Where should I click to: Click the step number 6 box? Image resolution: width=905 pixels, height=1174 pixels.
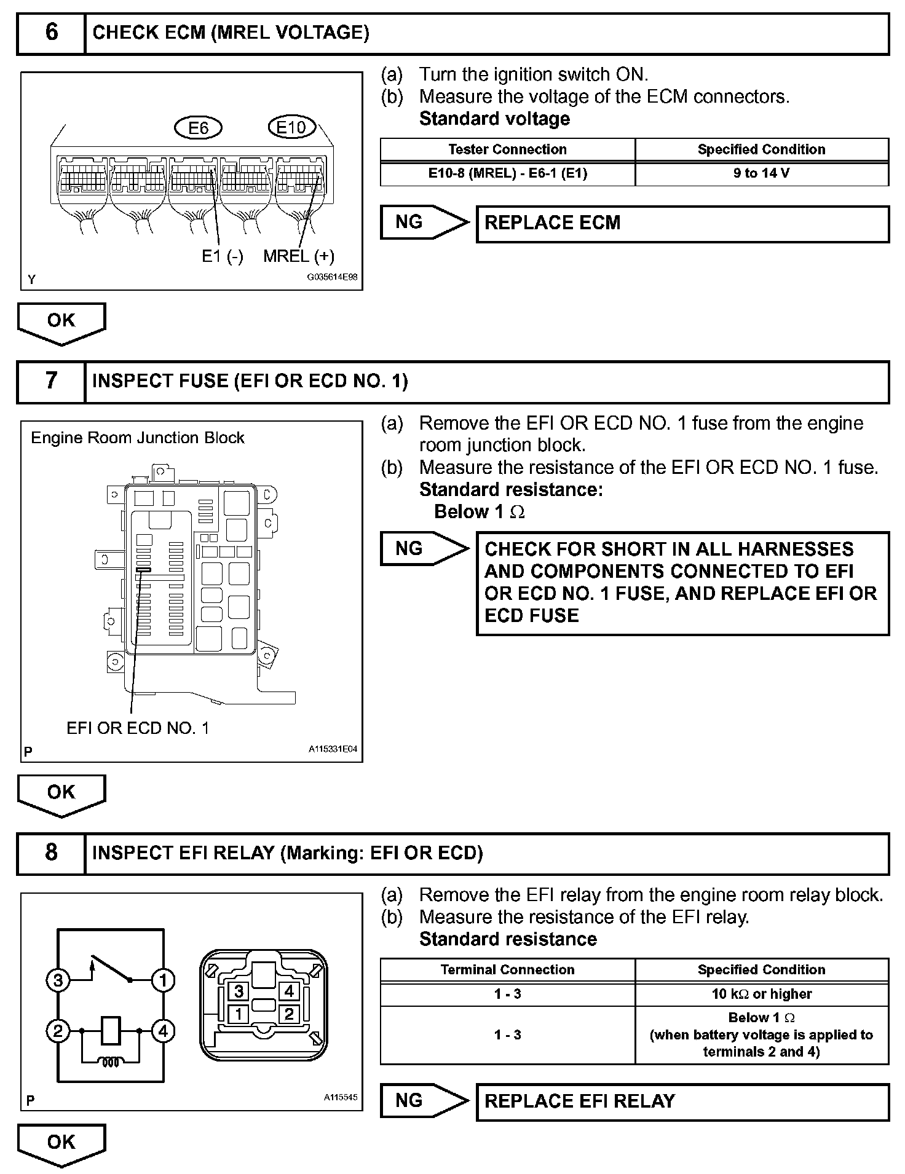pos(51,33)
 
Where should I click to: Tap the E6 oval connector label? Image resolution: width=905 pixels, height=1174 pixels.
pos(198,128)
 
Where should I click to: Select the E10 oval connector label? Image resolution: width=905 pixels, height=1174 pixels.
pos(291,127)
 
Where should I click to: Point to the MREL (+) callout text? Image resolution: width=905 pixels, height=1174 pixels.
pos(299,256)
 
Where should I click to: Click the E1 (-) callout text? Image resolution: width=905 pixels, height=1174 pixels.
pos(223,256)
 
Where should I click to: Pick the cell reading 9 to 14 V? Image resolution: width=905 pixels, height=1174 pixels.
pos(761,173)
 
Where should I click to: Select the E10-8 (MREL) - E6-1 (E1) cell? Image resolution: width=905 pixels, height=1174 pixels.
pos(507,173)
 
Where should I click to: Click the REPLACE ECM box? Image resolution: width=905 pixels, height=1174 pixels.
pos(682,223)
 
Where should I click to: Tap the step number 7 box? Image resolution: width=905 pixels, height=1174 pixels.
pos(51,381)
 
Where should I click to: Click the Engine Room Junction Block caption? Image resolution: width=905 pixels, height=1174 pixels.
pos(138,438)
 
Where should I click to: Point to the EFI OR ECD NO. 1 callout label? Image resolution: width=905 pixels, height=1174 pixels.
pos(138,728)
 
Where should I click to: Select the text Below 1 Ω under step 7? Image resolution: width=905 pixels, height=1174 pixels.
pos(480,511)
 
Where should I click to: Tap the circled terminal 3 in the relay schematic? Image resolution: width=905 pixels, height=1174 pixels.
pos(58,980)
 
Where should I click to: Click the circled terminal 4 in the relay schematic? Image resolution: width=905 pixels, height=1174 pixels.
pos(163,1031)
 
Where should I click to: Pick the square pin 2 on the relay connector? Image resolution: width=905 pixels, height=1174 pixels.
pos(289,1014)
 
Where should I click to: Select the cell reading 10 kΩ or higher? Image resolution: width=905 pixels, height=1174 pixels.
pos(761,994)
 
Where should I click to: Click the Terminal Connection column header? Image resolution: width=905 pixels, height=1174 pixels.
pos(507,970)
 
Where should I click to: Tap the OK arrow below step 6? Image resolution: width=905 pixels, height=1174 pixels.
pos(61,321)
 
